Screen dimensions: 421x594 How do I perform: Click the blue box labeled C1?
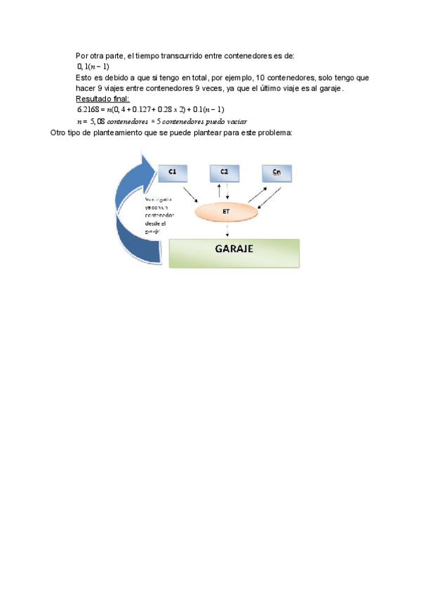coord(173,172)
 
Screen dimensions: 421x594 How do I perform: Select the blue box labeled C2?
coord(225,172)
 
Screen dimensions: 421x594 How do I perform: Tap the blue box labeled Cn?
coord(276,172)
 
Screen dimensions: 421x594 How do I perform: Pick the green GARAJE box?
coord(234,252)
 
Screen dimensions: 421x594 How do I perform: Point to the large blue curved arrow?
coord(137,210)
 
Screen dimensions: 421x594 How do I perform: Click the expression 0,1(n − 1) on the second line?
coord(93,66)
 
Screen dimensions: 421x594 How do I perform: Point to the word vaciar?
coord(233,120)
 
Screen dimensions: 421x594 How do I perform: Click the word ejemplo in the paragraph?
coord(233,77)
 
